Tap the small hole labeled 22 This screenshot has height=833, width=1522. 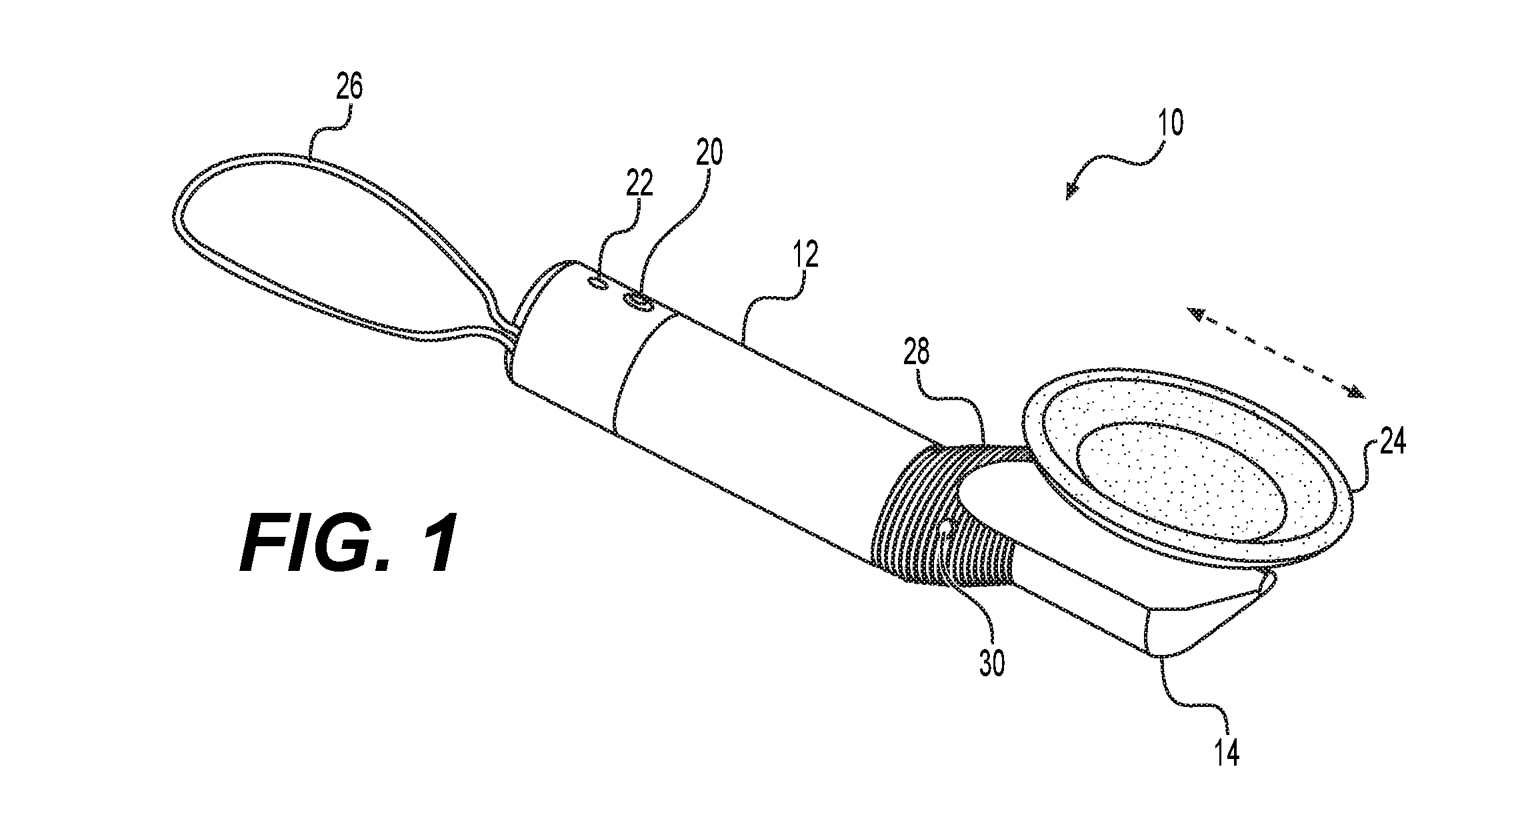[x=597, y=285]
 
